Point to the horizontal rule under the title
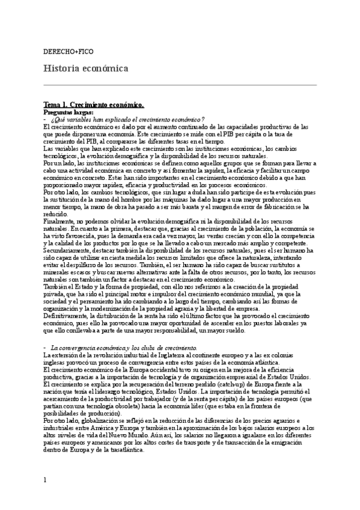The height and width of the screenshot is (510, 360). point(180,85)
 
